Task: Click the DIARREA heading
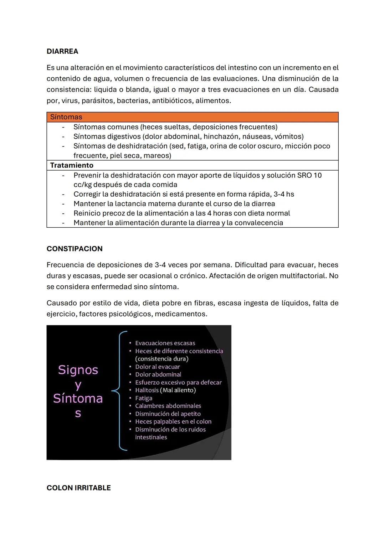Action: click(x=62, y=51)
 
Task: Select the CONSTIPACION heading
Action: click(x=75, y=249)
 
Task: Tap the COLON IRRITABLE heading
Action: click(x=78, y=488)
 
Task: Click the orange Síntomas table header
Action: click(x=66, y=117)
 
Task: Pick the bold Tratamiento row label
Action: click(x=72, y=165)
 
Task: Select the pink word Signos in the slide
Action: click(x=78, y=370)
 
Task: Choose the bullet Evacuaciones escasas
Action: click(x=165, y=343)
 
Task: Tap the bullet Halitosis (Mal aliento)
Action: click(x=165, y=390)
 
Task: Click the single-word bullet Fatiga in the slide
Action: click(x=144, y=398)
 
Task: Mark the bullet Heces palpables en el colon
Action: click(x=173, y=421)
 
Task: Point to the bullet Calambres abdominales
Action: click(x=168, y=406)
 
